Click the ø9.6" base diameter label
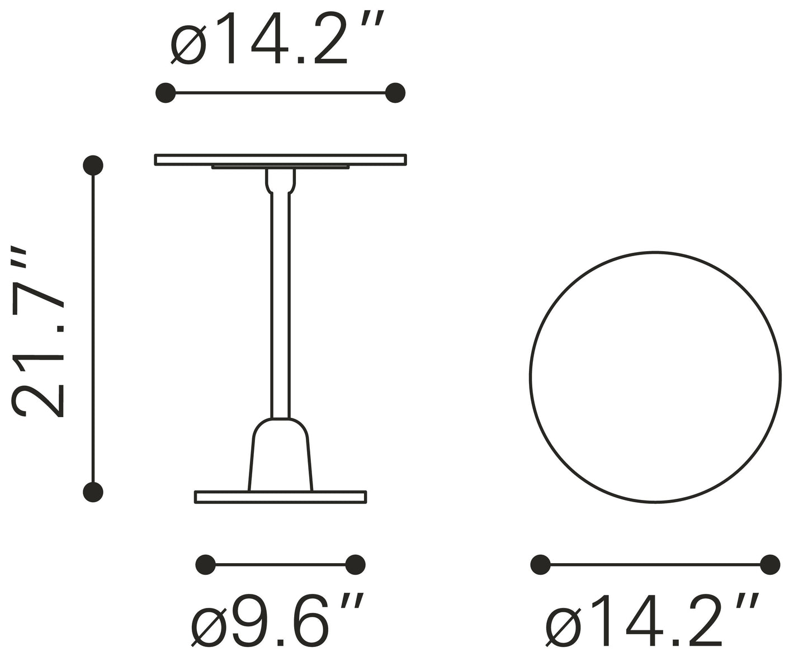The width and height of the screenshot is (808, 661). (278, 620)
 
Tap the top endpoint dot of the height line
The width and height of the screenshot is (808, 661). (93, 165)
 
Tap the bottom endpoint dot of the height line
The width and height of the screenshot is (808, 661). (93, 492)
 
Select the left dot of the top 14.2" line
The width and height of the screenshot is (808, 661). (166, 93)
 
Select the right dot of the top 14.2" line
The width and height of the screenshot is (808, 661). (395, 93)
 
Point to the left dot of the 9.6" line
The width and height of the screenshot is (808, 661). (206, 565)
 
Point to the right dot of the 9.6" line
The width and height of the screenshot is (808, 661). (356, 565)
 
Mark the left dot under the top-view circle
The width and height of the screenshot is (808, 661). (540, 565)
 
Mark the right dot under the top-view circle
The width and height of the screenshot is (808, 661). (770, 565)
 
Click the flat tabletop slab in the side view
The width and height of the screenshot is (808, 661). (280, 159)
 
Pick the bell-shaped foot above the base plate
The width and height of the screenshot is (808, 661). (280, 456)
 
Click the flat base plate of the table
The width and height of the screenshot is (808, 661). (280, 497)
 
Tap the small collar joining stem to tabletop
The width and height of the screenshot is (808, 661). (280, 180)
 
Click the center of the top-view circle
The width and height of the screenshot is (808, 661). (655, 377)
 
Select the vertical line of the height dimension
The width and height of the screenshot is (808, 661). (93, 330)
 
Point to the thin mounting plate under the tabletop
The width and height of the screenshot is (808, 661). (280, 167)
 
